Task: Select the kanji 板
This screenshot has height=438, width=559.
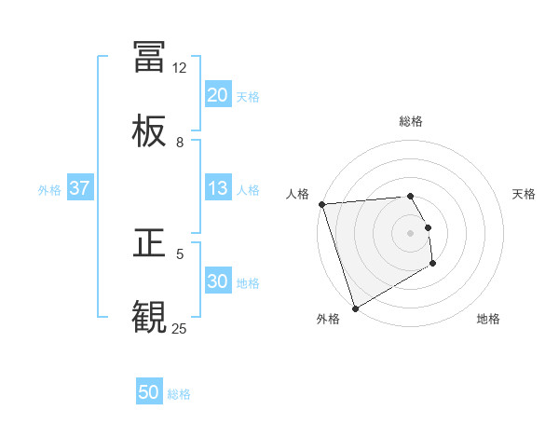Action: pos(149,131)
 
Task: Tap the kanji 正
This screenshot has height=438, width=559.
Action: pos(149,243)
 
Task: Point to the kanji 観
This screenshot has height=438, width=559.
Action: pos(149,317)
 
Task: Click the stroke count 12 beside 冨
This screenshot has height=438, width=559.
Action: pos(180,68)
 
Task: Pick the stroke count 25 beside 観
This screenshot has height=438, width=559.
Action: pos(180,328)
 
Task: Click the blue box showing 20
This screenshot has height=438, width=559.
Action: pos(218,95)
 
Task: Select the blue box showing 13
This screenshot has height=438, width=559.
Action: pos(218,188)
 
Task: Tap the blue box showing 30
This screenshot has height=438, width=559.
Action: pos(218,281)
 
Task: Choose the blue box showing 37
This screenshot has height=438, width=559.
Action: pos(80,188)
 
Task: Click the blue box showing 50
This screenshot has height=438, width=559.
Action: pos(149,392)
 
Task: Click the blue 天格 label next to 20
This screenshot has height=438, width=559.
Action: pos(248,96)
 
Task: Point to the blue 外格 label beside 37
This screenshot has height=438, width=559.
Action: pos(49,189)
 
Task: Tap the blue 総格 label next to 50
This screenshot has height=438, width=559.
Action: pos(179,393)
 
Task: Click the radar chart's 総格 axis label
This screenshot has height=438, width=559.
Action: pos(411,121)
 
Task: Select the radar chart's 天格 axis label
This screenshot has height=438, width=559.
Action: pos(525,194)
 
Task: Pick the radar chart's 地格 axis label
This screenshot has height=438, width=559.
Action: pos(488,319)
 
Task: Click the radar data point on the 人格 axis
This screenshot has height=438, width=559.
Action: pos(321,204)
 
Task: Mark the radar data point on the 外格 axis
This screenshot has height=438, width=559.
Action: pos(355,308)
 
